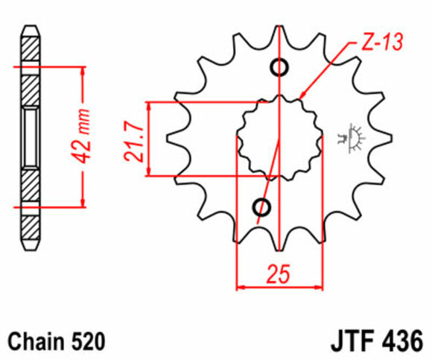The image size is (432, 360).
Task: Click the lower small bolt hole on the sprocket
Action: (262, 206)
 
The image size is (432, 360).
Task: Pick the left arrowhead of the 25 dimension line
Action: (241, 285)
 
